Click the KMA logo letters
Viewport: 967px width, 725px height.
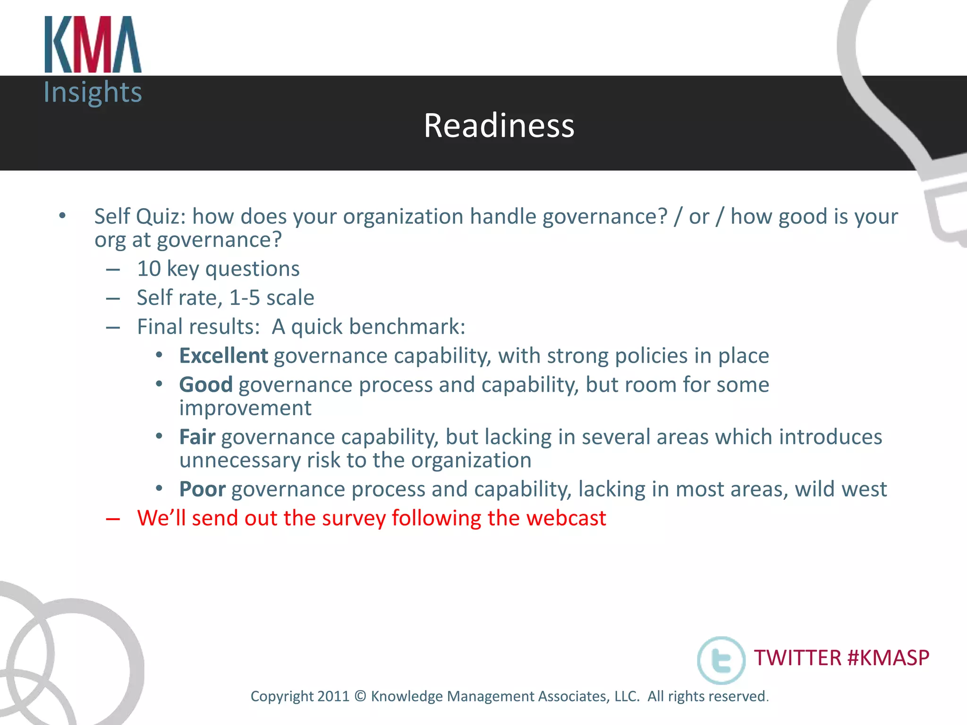click(x=93, y=45)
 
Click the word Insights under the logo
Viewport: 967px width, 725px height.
click(x=93, y=92)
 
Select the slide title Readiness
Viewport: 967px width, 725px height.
click(x=499, y=126)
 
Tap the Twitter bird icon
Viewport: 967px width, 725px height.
click(x=721, y=660)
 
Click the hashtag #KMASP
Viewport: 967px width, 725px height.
click(x=888, y=658)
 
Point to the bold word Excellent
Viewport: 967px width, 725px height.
click(x=223, y=356)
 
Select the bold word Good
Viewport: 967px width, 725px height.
click(x=206, y=385)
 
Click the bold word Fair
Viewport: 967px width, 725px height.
click(x=197, y=437)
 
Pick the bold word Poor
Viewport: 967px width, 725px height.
click(x=202, y=489)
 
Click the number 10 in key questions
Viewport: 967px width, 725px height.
click(x=149, y=269)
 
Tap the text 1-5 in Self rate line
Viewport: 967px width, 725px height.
click(x=245, y=298)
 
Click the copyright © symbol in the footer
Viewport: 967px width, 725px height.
click(x=360, y=696)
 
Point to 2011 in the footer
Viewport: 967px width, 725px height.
click(x=333, y=696)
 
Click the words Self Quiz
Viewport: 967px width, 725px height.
click(x=136, y=217)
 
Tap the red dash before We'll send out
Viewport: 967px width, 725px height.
click(x=113, y=519)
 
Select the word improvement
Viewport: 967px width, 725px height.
click(x=245, y=408)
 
